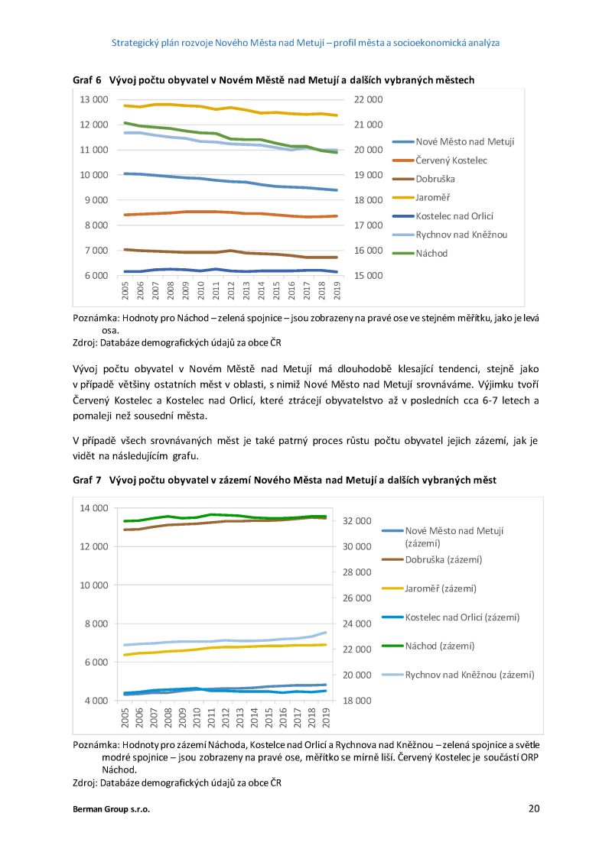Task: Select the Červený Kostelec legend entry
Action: pos(440,160)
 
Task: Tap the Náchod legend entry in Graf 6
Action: pos(420,253)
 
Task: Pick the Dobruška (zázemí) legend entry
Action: pos(432,559)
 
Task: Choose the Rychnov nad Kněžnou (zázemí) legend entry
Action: pos(458,675)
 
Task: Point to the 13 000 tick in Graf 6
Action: pos(94,99)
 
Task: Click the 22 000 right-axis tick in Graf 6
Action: pos(369,99)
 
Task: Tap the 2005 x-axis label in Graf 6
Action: pos(125,290)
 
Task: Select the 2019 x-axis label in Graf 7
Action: pos(327,718)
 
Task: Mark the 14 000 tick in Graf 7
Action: pos(94,508)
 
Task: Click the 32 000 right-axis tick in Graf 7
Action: pos(356,521)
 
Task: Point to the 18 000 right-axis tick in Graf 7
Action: pos(356,701)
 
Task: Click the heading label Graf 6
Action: pos(87,80)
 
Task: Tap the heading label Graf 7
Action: pos(87,480)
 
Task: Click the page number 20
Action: pos(534,808)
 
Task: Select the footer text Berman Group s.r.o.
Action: pos(111,809)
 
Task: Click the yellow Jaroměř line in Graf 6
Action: pos(231,109)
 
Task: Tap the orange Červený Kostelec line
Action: pos(231,213)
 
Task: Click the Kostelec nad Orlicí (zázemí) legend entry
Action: pos(451,617)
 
